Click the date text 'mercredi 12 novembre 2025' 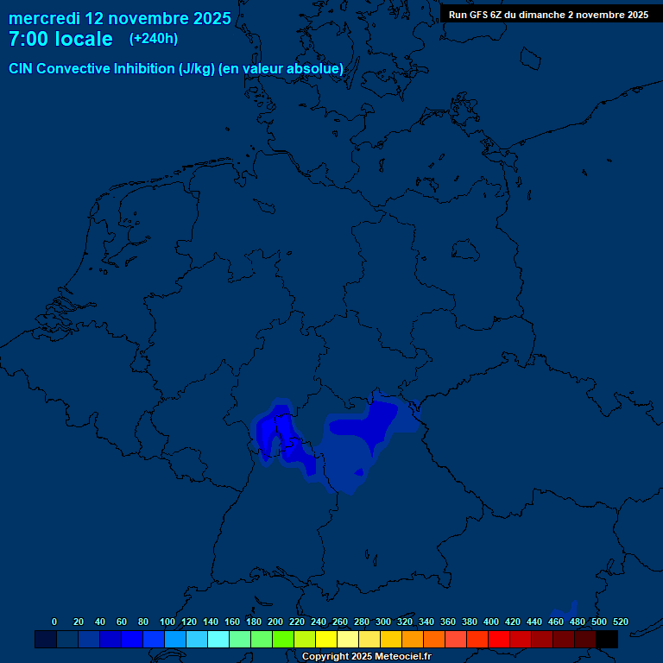pos(119,18)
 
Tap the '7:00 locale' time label pos(60,39)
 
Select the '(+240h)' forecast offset pos(154,39)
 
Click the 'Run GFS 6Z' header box pos(548,14)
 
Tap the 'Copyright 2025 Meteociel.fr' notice pos(366,657)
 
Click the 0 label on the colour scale pos(54,622)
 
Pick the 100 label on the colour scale pos(167,622)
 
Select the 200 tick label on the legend pos(275,622)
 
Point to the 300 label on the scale pos(383,622)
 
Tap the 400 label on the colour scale pos(491,622)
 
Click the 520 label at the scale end pos(620,622)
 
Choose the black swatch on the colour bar pos(607,639)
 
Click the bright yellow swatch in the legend pos(326,639)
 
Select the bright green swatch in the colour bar pos(283,639)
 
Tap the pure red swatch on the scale pos(499,639)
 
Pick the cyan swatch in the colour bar pos(218,639)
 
